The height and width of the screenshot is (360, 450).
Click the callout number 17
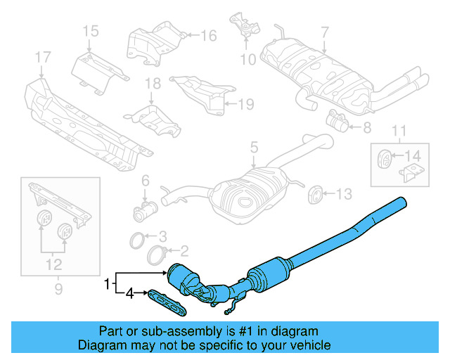coord(42,57)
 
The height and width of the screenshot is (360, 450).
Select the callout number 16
coord(208,35)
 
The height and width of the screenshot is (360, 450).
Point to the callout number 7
coord(324,32)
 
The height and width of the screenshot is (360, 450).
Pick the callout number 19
coord(244,105)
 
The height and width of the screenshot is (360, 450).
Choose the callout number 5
coord(253,148)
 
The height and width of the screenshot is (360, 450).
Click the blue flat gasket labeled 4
coord(165,302)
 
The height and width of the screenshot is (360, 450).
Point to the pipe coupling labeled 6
coord(144,210)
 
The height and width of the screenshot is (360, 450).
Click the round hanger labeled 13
coord(316,193)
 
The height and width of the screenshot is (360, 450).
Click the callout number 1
coord(107,284)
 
